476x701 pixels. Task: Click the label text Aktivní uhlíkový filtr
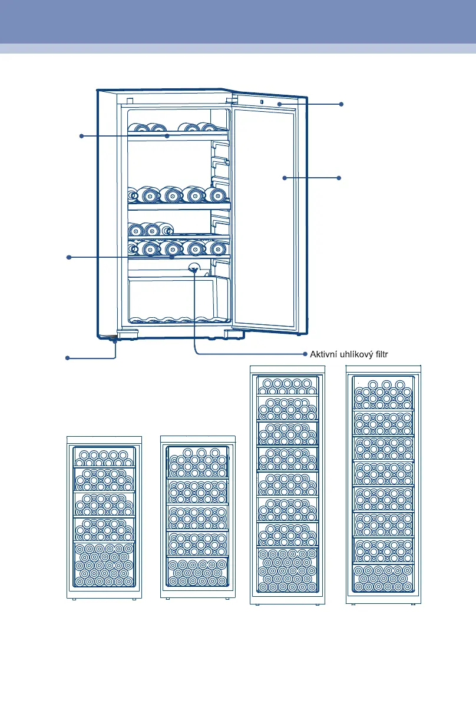[x=351, y=354]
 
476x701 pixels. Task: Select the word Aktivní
[x=323, y=354]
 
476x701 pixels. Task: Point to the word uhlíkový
[x=357, y=354]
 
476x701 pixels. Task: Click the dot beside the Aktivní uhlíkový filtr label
[x=305, y=354]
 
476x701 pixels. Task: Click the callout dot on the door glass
[x=284, y=177]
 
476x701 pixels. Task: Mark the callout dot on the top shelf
[x=167, y=136]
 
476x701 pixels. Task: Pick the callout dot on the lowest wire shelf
[x=171, y=257]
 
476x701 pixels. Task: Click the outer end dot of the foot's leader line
[x=67, y=357]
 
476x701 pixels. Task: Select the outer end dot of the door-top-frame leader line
[x=341, y=104]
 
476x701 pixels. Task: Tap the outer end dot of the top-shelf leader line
[x=81, y=136]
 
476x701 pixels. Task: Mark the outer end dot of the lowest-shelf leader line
[x=69, y=257]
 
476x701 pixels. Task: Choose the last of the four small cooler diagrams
[x=384, y=484]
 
